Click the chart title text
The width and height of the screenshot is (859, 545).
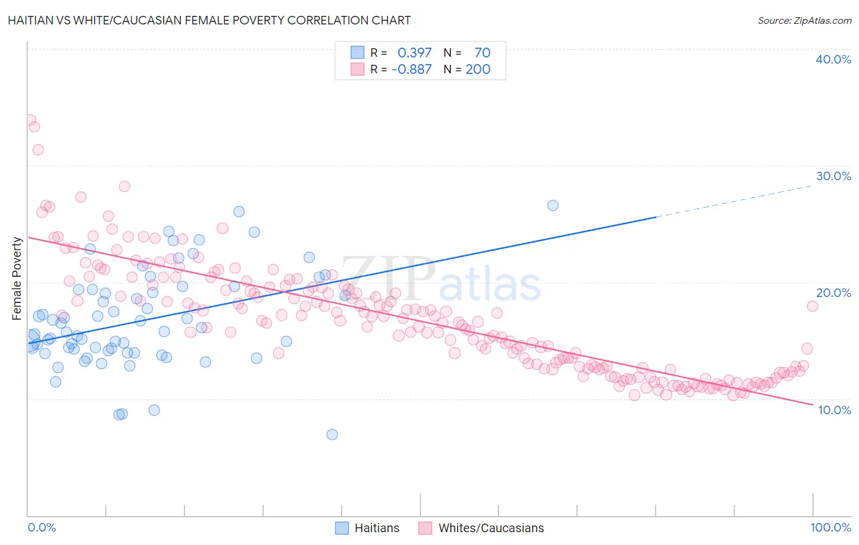[209, 20]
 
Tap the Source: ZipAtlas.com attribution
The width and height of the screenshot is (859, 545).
[804, 20]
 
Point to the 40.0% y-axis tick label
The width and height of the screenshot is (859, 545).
[833, 59]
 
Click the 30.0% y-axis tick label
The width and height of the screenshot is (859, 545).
[833, 176]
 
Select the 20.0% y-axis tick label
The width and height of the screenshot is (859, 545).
[833, 293]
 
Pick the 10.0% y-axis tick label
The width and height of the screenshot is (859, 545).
[834, 410]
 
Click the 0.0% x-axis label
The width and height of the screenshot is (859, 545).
[42, 527]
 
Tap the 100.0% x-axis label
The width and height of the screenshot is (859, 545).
[830, 527]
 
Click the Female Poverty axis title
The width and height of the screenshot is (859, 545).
[17, 279]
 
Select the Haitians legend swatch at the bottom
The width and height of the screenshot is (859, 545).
[342, 528]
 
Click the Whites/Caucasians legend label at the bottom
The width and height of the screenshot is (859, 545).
[491, 528]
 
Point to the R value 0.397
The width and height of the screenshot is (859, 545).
[414, 53]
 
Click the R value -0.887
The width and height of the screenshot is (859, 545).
[411, 69]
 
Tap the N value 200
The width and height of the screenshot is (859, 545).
[478, 69]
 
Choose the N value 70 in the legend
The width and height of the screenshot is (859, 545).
[482, 53]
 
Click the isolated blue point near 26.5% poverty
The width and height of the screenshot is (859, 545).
[553, 205]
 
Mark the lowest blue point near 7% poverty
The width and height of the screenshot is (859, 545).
[332, 434]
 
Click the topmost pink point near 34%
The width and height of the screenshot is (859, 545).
[30, 120]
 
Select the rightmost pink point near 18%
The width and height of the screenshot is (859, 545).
[812, 306]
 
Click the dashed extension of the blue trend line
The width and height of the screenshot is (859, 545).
[733, 200]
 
